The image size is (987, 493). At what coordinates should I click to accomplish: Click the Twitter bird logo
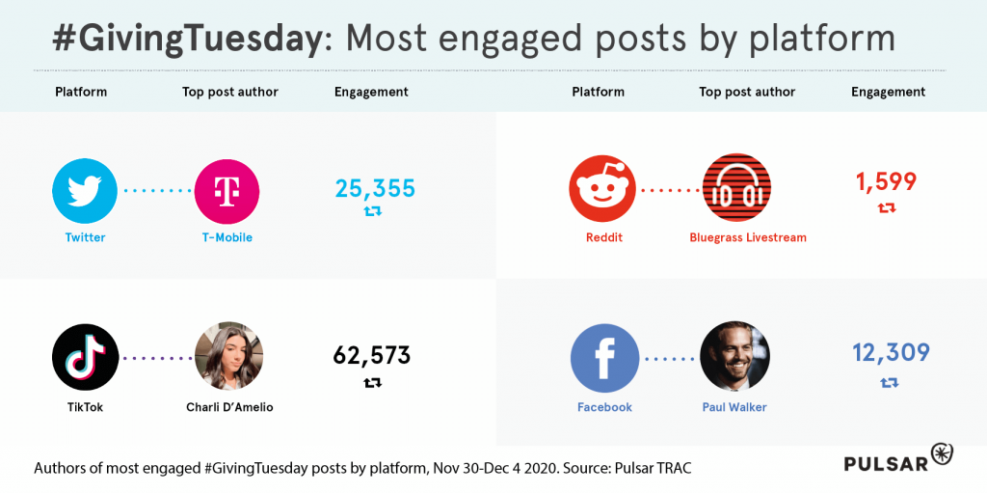click(x=85, y=191)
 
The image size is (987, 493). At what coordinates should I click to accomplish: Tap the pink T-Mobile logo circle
click(x=227, y=191)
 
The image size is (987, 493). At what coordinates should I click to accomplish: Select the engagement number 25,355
click(x=375, y=188)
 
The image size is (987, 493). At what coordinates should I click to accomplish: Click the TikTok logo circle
click(x=85, y=357)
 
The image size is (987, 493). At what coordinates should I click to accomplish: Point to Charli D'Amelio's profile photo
click(x=228, y=357)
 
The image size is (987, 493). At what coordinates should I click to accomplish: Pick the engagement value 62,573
click(x=372, y=356)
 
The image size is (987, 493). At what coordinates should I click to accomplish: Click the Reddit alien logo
click(x=602, y=189)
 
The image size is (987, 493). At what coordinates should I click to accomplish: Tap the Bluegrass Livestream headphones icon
click(x=737, y=189)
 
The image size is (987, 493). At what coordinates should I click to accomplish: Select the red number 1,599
click(x=886, y=181)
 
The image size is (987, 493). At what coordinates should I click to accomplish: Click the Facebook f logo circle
click(x=604, y=357)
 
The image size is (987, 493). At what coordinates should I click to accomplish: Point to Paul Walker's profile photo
click(x=734, y=357)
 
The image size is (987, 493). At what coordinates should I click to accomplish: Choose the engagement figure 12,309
click(x=891, y=353)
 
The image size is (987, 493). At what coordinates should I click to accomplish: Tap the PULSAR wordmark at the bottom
click(x=886, y=464)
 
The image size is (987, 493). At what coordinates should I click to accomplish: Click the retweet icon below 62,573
click(x=372, y=383)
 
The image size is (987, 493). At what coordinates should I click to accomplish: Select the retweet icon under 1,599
click(x=887, y=207)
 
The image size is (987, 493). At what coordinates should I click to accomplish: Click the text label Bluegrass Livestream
click(x=747, y=237)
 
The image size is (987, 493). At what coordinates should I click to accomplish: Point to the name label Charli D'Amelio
click(x=229, y=407)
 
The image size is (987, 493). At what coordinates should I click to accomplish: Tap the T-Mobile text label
click(x=227, y=237)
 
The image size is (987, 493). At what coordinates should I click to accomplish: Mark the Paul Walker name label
click(x=734, y=407)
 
